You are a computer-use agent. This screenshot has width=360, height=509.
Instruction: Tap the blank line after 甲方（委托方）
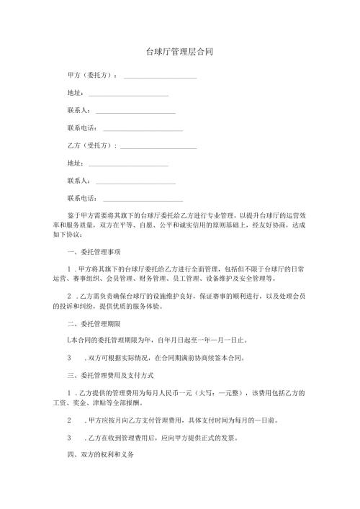[160, 76]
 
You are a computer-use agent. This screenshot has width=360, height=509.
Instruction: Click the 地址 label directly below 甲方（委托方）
[74, 93]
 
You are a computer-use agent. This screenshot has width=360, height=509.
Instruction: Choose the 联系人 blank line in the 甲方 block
[135, 112]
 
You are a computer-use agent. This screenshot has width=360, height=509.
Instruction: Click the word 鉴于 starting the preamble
[73, 215]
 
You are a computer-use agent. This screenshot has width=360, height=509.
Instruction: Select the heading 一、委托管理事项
[94, 252]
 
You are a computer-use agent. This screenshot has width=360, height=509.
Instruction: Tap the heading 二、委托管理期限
[94, 323]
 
